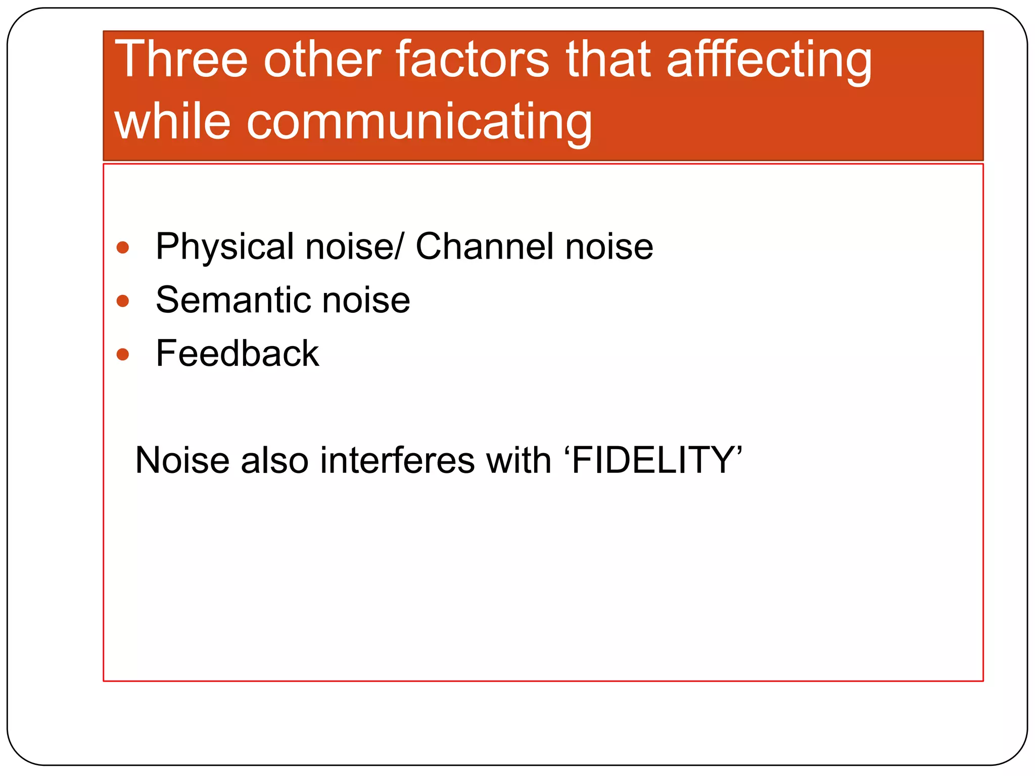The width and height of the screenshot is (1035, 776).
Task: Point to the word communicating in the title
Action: (419, 122)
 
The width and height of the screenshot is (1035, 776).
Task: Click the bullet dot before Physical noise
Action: (123, 248)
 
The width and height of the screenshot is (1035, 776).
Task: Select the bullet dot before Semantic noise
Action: (123, 301)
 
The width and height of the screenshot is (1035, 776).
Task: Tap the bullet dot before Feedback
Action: (123, 354)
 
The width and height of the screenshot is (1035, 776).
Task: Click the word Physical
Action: (225, 248)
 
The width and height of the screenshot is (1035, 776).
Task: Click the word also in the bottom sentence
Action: (275, 460)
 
